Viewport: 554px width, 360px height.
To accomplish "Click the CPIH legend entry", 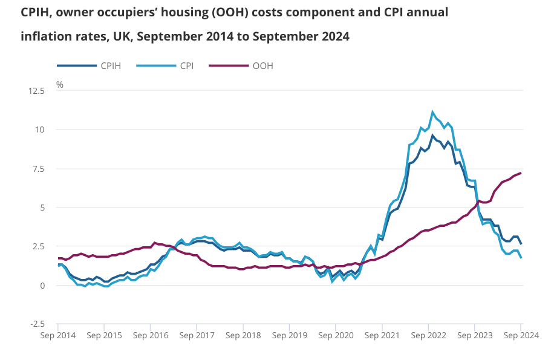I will point(110,66).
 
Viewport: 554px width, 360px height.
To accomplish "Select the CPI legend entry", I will point(186,66).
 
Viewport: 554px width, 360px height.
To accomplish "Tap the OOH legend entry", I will point(262,66).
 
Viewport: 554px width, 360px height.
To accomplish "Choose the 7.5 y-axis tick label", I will point(38,168).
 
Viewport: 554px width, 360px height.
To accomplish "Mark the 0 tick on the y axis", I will point(43,285).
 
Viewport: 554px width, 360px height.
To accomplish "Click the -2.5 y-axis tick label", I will point(37,324).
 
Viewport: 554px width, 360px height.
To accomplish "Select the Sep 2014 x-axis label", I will point(58,335).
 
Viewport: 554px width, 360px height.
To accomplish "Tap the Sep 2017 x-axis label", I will point(197,335).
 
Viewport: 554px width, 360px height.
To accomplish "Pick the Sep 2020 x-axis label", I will point(336,335).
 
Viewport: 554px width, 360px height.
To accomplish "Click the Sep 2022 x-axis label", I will point(428,335).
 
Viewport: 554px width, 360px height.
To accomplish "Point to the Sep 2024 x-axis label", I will point(520,335).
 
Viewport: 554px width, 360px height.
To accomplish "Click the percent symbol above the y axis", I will point(59,85).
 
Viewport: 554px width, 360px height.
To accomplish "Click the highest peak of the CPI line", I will point(432,112).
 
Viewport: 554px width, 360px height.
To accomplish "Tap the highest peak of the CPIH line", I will point(432,136).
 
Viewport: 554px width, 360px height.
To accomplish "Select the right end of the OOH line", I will point(521,173).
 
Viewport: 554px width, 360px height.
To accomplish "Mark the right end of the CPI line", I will point(521,257).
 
